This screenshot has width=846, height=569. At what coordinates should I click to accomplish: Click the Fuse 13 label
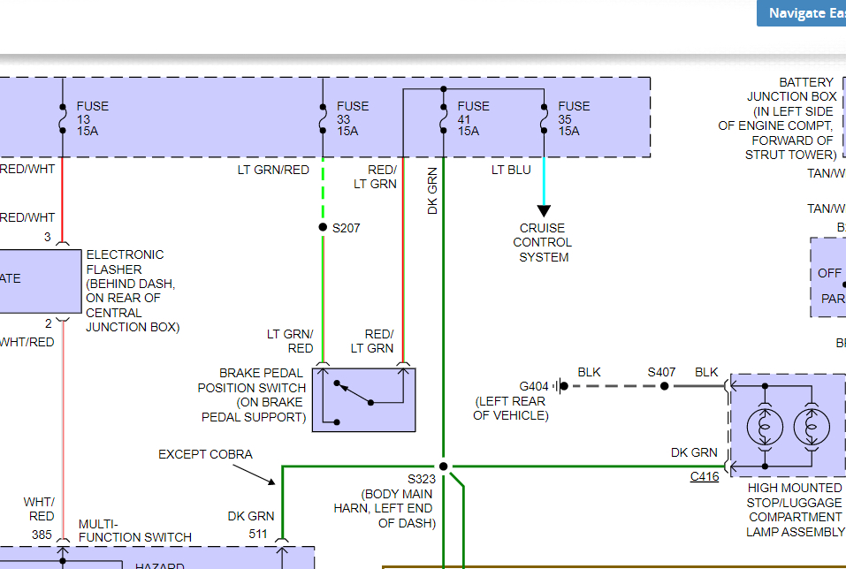pos(92,118)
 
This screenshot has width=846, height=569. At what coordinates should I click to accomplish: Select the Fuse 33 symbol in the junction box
pos(323,118)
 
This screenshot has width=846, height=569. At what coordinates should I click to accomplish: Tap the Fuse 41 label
pos(473,118)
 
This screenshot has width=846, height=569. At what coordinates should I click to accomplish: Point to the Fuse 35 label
pos(574,118)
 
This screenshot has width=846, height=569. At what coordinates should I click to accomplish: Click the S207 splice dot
pos(323,228)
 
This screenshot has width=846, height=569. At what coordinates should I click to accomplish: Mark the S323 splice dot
pos(444,467)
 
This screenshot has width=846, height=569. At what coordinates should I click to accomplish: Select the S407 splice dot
pos(665,386)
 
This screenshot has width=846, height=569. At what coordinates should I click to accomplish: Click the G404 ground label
pos(534,386)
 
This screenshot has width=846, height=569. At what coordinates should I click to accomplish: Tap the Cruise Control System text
pos(544,243)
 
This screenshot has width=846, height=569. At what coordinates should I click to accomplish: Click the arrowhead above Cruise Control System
pos(544,210)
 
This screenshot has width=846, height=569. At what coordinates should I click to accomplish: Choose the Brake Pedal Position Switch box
pos(363,399)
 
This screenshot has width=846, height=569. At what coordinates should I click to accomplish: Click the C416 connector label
pos(705,477)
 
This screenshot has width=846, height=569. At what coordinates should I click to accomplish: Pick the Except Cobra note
pos(205,454)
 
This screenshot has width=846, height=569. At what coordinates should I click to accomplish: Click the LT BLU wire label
pos(511,170)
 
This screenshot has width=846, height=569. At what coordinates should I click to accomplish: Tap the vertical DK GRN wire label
pos(433,191)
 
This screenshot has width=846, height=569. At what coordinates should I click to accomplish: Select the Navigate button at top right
pos(801,13)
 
